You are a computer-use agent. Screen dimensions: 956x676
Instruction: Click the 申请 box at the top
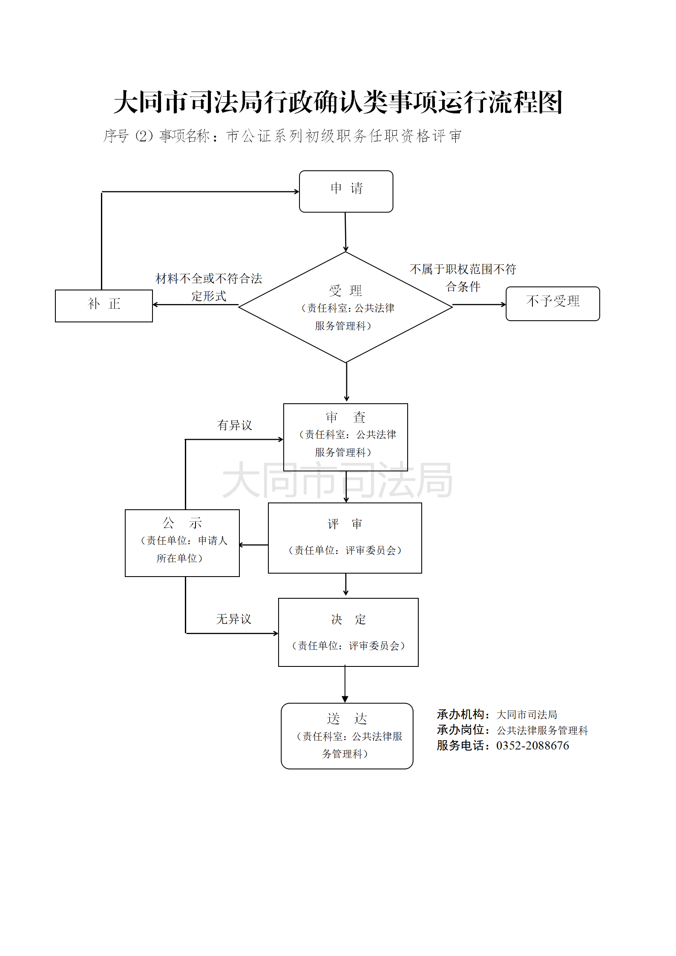pos(346,191)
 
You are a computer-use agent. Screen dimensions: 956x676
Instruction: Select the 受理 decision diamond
pos(345,307)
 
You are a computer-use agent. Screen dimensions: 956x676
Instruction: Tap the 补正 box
pos(104,305)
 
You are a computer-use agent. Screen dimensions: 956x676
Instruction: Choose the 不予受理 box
pos(552,303)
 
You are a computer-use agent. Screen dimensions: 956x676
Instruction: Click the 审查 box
pos(345,436)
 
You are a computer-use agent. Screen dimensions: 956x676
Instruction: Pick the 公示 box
pos(182,543)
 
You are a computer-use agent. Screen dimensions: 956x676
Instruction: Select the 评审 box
pos(345,537)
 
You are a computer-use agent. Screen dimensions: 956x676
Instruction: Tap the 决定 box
pos(348,632)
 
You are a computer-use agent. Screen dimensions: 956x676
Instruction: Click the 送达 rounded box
pos(347,736)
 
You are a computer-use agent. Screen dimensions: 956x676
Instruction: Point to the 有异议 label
pos(234,425)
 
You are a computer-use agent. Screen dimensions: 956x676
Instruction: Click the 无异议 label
pos(233,619)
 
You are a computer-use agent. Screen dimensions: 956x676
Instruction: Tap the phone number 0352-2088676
pos(532,746)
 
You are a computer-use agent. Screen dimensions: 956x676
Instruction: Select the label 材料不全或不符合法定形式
pos(209,287)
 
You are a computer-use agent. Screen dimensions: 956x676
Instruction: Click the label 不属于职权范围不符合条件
pos(463,278)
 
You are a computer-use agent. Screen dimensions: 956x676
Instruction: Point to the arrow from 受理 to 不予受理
pos(479,304)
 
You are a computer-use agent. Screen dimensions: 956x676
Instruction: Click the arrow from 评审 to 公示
pos(254,545)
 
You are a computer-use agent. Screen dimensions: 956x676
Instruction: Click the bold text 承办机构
pos(460,714)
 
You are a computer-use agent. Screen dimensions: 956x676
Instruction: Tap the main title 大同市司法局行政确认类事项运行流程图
pos(338,102)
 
